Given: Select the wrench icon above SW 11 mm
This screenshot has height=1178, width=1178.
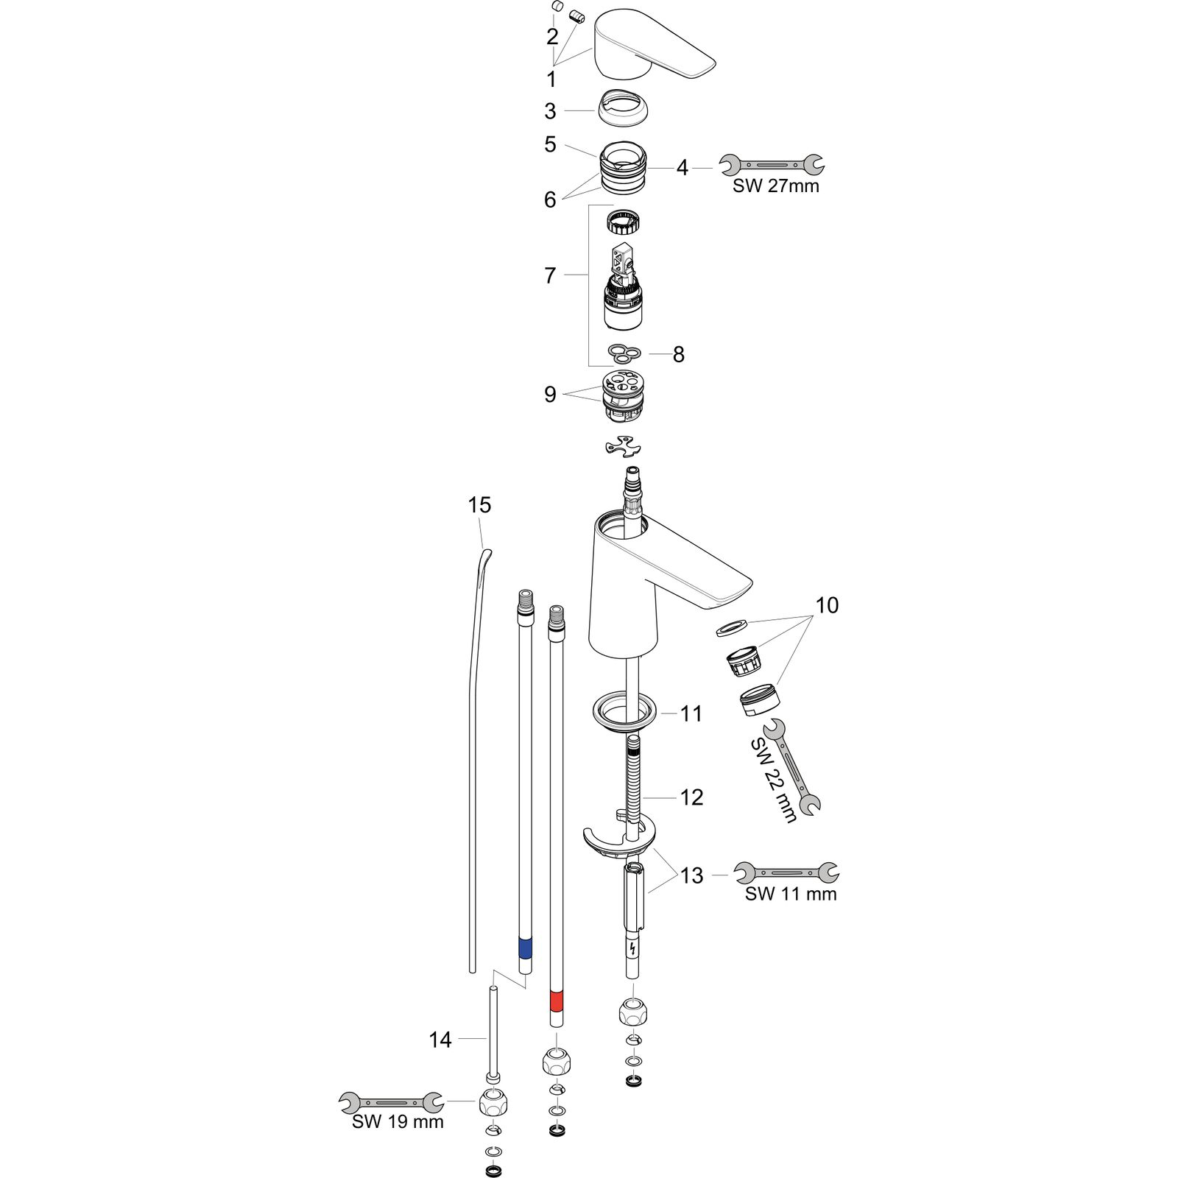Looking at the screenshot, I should tap(787, 872).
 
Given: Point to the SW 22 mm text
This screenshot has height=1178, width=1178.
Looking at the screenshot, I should tap(774, 780).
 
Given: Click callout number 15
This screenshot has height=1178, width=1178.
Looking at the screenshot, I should tap(479, 505).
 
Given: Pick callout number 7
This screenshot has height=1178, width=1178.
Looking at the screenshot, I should tap(550, 275).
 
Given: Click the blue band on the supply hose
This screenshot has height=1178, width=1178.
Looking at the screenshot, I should tap(526, 948).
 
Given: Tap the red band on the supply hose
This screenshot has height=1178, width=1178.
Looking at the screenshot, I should tap(557, 1001).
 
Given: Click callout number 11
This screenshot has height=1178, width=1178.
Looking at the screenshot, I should tap(691, 713).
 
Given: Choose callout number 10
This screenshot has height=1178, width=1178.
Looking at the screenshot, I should tap(827, 605).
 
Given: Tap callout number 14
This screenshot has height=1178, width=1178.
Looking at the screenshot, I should tap(440, 1040).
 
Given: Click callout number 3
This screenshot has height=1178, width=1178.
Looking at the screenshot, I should tap(550, 111).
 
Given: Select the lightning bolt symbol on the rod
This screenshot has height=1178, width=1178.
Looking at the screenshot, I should tap(632, 949).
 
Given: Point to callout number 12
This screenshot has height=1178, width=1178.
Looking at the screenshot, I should tap(691, 797).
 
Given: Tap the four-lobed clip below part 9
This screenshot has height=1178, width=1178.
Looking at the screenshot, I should tap(622, 446).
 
